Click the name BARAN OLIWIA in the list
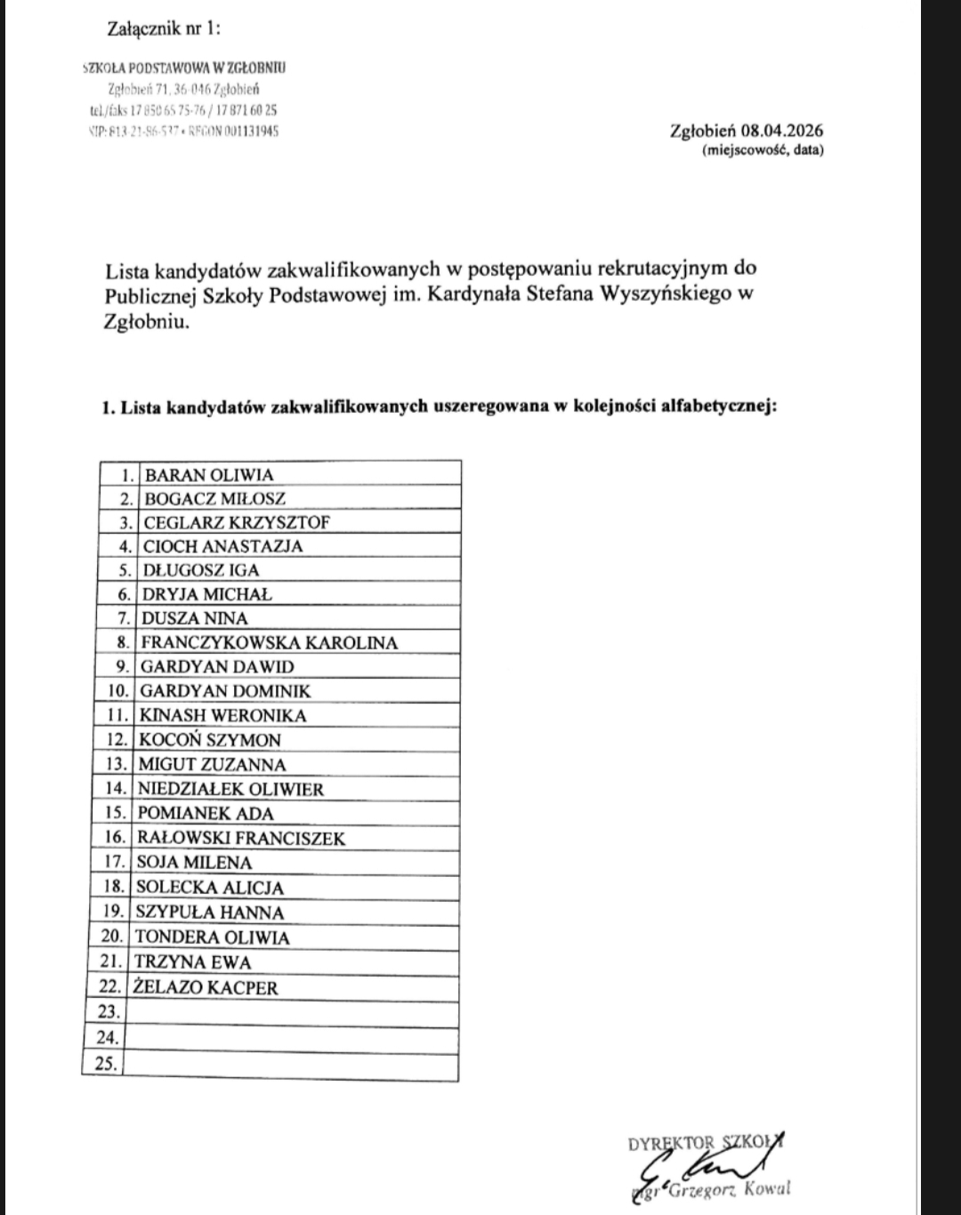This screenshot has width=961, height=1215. [x=209, y=475]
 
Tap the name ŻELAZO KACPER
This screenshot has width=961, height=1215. [x=206, y=987]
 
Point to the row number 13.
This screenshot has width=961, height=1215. [x=117, y=764]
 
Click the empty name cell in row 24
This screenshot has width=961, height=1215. [x=291, y=1037]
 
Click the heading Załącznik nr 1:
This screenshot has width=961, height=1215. [x=163, y=28]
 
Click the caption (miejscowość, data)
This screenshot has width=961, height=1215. [x=763, y=150]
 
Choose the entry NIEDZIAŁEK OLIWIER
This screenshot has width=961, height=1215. [x=230, y=789]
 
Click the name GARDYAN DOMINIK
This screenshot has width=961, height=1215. [x=225, y=690]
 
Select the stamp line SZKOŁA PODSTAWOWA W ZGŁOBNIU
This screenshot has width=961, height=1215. [x=184, y=68]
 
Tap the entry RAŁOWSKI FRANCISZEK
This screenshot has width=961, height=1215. [x=240, y=838]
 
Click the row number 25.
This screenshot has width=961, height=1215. [x=106, y=1062]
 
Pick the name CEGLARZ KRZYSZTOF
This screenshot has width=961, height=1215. [x=237, y=522]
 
